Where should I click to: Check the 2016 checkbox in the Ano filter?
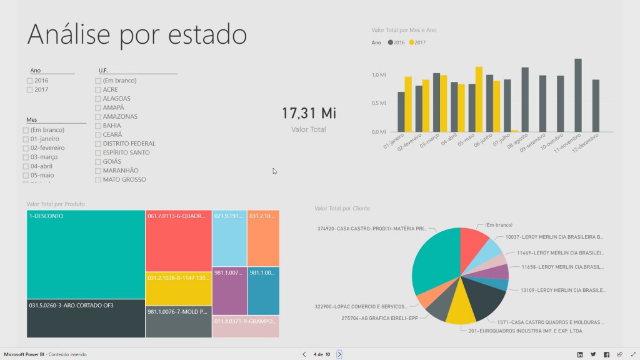pyautogui.click(x=30, y=81)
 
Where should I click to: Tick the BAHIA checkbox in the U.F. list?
pyautogui.click(x=98, y=126)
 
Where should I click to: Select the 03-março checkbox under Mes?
pyautogui.click(x=26, y=157)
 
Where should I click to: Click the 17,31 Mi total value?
pyautogui.click(x=309, y=113)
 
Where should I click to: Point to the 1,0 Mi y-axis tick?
pyautogui.click(x=379, y=75)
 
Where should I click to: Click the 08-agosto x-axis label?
pyautogui.click(x=519, y=141)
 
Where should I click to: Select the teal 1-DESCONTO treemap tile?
pyautogui.click(x=86, y=254)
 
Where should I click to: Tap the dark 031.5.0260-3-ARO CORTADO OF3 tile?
pyautogui.click(x=86, y=319)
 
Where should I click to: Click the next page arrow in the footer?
pyautogui.click(x=339, y=354)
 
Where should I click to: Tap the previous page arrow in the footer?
pyautogui.click(x=304, y=354)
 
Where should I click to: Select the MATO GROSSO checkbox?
pyautogui.click(x=98, y=179)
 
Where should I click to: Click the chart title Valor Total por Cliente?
pyautogui.click(x=342, y=208)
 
